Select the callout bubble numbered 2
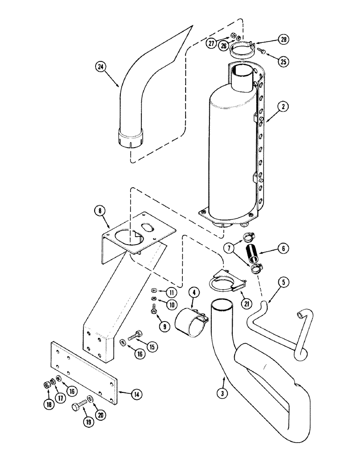284,107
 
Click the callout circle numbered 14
136,394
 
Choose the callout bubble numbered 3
224,393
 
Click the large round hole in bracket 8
125,238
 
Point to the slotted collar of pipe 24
131,138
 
